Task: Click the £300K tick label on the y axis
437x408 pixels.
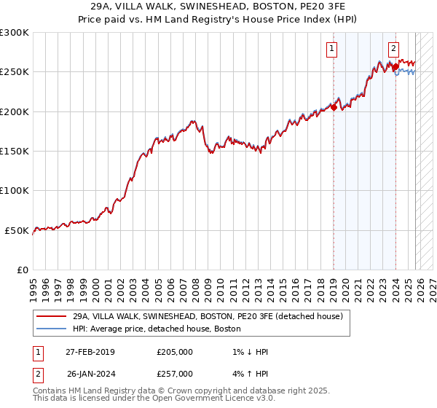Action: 14,33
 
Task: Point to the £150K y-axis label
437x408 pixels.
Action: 14,152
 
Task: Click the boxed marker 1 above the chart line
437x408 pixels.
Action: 332,49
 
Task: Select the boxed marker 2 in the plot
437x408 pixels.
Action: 393,49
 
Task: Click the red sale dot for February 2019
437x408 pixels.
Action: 334,108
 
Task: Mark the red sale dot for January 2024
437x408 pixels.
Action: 395,67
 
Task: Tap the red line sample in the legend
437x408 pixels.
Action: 51,317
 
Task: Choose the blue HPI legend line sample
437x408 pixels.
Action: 51,329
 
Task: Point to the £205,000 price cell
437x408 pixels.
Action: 175,352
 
